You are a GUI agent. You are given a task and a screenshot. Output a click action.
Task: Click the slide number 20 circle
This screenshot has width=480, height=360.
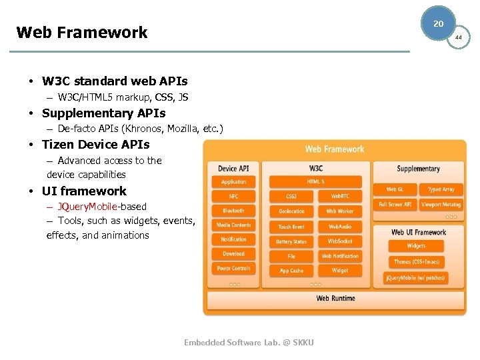[438, 23]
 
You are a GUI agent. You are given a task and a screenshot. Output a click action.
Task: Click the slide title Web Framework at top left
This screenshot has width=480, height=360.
[81, 32]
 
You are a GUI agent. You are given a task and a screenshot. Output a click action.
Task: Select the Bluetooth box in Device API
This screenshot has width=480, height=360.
[233, 211]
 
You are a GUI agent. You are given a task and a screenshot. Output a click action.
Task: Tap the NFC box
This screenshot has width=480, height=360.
[233, 196]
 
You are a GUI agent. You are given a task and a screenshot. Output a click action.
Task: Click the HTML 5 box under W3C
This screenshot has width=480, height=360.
[315, 181]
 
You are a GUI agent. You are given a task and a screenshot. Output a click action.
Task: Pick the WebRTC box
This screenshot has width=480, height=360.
[340, 196]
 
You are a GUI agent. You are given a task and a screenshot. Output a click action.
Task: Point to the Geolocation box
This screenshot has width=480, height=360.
[291, 211]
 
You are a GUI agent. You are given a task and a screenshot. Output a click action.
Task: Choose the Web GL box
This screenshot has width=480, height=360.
[395, 189]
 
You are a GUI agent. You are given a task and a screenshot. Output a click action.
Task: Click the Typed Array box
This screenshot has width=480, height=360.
[441, 189]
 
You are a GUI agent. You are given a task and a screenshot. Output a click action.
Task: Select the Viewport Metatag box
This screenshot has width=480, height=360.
[441, 205]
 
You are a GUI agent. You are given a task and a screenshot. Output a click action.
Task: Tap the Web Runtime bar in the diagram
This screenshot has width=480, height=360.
[335, 298]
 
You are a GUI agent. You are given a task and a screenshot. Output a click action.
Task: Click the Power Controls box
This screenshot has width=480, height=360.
[233, 269]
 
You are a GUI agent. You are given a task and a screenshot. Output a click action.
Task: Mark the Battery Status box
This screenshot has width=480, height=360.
[291, 241]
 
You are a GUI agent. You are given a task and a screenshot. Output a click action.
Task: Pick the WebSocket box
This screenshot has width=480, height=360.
[340, 241]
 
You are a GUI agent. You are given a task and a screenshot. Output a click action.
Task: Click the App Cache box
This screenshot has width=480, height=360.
[291, 271]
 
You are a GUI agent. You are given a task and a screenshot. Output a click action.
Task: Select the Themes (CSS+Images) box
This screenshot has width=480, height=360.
[417, 262]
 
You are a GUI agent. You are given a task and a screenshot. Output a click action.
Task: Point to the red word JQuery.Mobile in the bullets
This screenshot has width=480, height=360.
[87, 207]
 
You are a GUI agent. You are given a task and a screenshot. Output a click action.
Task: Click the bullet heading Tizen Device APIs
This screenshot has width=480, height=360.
[95, 144]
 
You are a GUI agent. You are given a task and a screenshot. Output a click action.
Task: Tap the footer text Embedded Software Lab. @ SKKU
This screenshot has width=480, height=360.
[249, 343]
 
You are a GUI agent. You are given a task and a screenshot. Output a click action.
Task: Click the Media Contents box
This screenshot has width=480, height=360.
[233, 225]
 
